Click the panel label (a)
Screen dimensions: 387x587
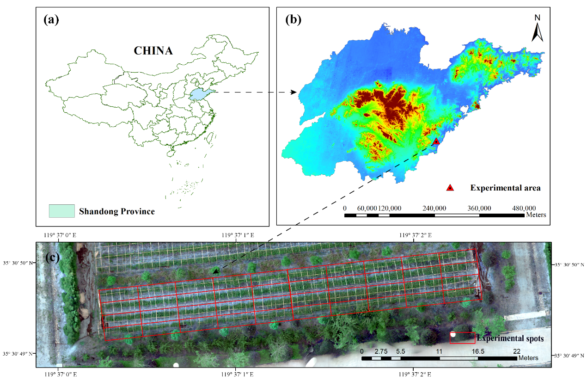(x=54, y=20)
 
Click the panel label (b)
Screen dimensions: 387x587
(x=294, y=19)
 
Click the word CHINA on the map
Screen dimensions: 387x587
(x=153, y=51)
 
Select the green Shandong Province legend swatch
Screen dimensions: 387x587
(x=61, y=211)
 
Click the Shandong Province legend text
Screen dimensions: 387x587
(x=116, y=212)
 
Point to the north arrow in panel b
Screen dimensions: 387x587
(x=537, y=29)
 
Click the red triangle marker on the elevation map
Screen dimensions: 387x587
(x=436, y=141)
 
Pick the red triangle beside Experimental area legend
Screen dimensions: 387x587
(x=450, y=188)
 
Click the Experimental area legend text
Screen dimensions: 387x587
(x=505, y=188)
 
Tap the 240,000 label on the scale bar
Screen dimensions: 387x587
(x=434, y=208)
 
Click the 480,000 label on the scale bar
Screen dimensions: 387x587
(x=523, y=208)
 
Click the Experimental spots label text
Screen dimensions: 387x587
(x=510, y=338)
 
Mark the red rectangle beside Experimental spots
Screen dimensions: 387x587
(x=463, y=338)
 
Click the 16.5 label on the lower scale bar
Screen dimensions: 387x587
(x=478, y=351)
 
